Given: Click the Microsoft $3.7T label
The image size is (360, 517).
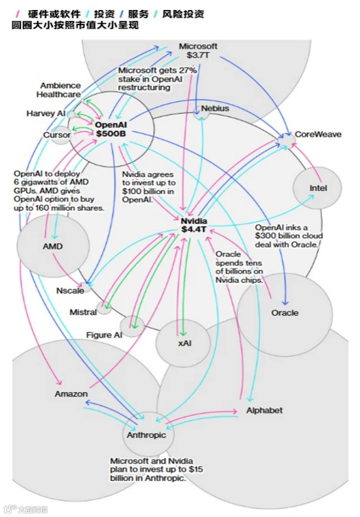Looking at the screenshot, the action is coord(198,51).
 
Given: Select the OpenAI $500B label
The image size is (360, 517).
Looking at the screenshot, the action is coord(111,129).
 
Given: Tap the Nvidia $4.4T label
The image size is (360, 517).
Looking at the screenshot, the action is coord(194,225).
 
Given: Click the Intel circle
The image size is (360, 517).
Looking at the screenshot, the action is coord(317,187).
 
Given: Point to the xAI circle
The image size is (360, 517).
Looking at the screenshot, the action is coord(183,343).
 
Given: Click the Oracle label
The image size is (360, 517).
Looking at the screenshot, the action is coord(285,312).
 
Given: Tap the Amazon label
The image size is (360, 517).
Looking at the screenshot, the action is coord(71,394).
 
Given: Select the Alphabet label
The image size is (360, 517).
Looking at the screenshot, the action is coord(264,410).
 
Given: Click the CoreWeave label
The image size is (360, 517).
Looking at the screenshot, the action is coord(318,134).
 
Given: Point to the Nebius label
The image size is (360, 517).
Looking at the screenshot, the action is coord(215,108).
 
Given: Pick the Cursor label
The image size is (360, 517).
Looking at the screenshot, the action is coord(57,135).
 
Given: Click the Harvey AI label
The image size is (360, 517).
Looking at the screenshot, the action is coord(46,113).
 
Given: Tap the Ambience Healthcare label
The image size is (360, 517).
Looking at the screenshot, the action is coord(59,90).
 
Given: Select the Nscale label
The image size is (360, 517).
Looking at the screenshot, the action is coord(70,291).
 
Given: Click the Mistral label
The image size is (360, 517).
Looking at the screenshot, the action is coord(83,312).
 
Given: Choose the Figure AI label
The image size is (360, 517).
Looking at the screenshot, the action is coord(104,335).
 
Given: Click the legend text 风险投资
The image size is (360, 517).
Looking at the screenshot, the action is coord(183,14).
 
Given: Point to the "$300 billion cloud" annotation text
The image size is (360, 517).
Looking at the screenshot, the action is coord(289,236).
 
